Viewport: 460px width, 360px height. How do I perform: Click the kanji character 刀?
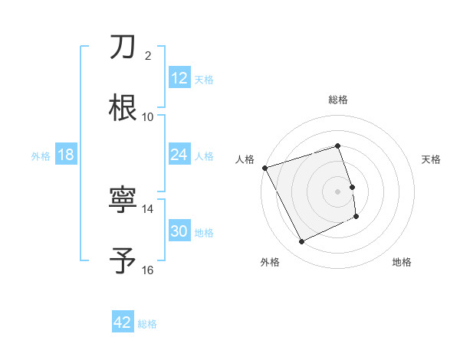123,47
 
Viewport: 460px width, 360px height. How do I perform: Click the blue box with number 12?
179,78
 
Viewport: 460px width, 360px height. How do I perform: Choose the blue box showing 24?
179,155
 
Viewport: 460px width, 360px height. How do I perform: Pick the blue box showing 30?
179,231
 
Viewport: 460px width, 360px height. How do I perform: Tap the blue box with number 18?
65,155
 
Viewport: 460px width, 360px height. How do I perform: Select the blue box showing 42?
123,322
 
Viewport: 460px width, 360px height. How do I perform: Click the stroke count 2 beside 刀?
149,56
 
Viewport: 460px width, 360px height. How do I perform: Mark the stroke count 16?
148,270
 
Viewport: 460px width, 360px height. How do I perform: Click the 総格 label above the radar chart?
338,100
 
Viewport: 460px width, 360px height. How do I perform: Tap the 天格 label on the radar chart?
432,159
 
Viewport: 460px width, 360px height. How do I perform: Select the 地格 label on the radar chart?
402,263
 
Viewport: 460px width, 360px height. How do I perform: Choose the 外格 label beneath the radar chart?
270,263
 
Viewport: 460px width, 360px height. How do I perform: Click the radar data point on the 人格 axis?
264,168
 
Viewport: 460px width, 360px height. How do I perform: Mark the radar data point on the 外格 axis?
301,242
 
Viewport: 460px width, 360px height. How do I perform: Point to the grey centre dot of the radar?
338,191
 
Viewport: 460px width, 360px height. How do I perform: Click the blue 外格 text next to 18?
41,155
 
